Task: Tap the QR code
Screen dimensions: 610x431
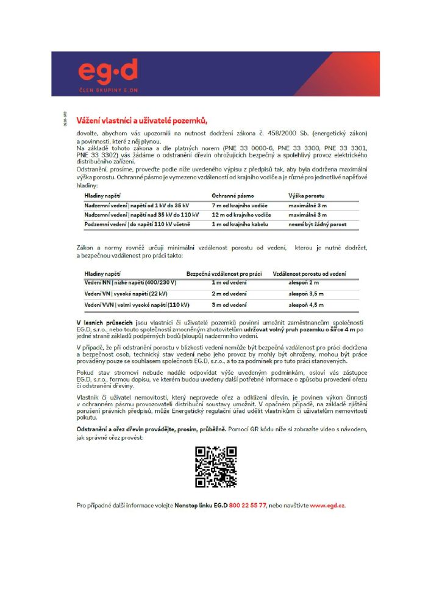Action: pos(215,467)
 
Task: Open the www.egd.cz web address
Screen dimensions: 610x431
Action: pos(328,506)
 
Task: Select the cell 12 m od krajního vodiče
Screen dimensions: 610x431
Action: pos(240,215)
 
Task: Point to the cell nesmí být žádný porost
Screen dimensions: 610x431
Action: pos(317,224)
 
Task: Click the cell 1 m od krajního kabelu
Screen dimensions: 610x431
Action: pos(238,224)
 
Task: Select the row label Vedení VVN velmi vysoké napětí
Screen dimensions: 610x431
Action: pos(137,304)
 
